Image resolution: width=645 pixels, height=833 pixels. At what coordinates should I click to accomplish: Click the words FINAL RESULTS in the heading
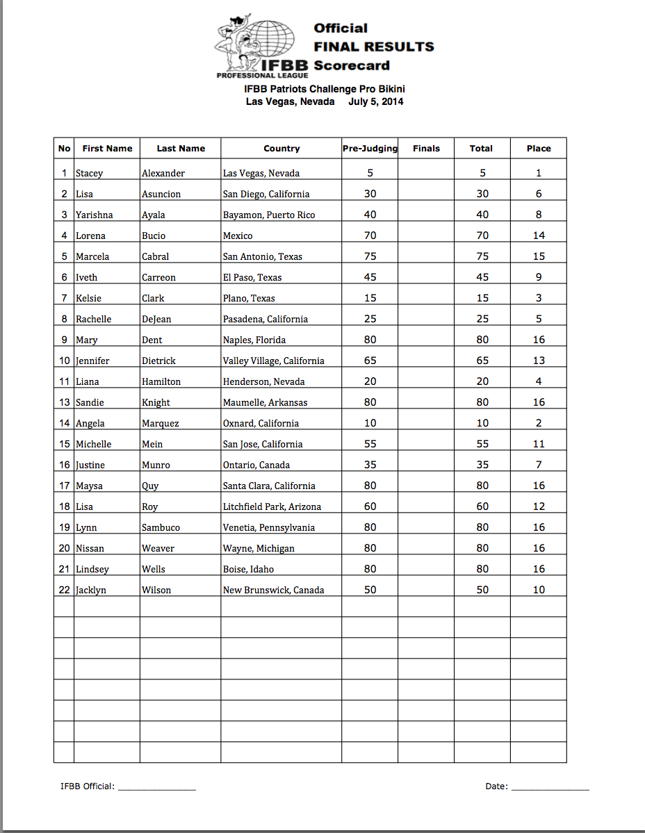(x=373, y=47)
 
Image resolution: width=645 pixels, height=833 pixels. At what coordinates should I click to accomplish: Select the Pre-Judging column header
(x=370, y=148)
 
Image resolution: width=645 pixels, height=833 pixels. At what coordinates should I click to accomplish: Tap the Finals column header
(x=426, y=148)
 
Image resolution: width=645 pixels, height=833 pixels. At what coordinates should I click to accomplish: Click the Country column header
(x=281, y=148)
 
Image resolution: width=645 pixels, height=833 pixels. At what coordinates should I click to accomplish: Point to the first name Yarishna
(x=95, y=215)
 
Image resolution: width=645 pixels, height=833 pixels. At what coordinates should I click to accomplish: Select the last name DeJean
(x=156, y=319)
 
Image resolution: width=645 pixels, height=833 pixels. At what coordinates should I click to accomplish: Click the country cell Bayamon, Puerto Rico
(x=269, y=215)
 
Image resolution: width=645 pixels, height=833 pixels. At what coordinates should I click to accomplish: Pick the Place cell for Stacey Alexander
(x=538, y=173)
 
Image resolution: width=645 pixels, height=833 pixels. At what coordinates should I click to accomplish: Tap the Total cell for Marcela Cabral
(x=482, y=256)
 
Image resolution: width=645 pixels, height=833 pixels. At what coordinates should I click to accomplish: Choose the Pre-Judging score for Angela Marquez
(x=370, y=423)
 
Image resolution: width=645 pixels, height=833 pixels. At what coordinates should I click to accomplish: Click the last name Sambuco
(x=161, y=527)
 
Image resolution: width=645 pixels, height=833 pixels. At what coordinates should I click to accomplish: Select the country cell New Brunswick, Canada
(x=273, y=590)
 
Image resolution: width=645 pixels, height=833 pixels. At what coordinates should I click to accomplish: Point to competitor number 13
(x=64, y=402)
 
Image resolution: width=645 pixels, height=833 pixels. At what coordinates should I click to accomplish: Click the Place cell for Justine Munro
(x=538, y=465)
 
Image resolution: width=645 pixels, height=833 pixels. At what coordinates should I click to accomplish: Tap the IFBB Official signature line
(x=157, y=787)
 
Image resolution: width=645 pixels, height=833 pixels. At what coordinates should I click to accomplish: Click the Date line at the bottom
(x=550, y=787)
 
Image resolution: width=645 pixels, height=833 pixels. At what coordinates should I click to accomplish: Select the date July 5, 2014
(x=376, y=101)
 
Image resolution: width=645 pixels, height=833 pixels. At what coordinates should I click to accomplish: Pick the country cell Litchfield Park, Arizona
(x=272, y=506)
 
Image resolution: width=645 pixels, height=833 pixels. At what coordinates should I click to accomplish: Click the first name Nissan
(x=90, y=548)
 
